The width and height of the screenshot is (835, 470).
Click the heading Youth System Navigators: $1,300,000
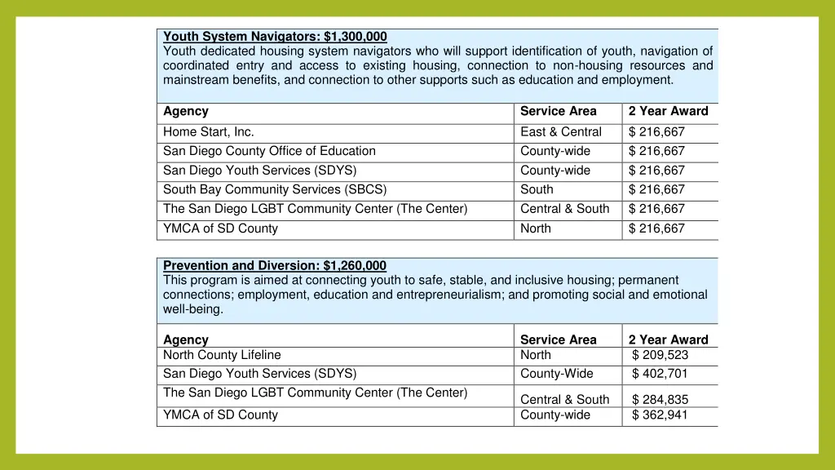point(275,37)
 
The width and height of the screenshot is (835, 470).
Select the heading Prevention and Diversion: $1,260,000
point(275,266)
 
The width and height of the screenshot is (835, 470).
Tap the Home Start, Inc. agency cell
point(209,132)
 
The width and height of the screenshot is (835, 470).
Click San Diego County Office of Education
point(269,151)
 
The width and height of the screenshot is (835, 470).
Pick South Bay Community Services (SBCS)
point(275,189)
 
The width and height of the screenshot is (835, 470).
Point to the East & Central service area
point(561,132)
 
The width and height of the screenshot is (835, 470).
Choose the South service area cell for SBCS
point(537,189)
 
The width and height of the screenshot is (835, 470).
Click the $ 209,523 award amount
point(660,355)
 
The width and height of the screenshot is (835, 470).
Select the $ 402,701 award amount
point(660,374)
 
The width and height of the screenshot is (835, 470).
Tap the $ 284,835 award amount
point(660,400)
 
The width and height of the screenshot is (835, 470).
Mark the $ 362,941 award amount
point(660,415)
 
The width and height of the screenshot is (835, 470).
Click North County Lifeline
point(222,355)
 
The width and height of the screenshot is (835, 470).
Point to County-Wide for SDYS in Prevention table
point(557,374)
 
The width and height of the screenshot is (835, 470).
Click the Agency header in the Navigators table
point(186,112)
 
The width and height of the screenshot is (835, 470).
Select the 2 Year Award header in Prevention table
point(668,340)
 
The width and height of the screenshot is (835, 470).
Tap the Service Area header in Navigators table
point(559,112)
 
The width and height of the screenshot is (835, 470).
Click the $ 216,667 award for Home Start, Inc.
point(656,132)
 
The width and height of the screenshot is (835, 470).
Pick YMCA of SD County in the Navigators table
point(220,228)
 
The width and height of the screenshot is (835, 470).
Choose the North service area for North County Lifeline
point(536,355)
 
